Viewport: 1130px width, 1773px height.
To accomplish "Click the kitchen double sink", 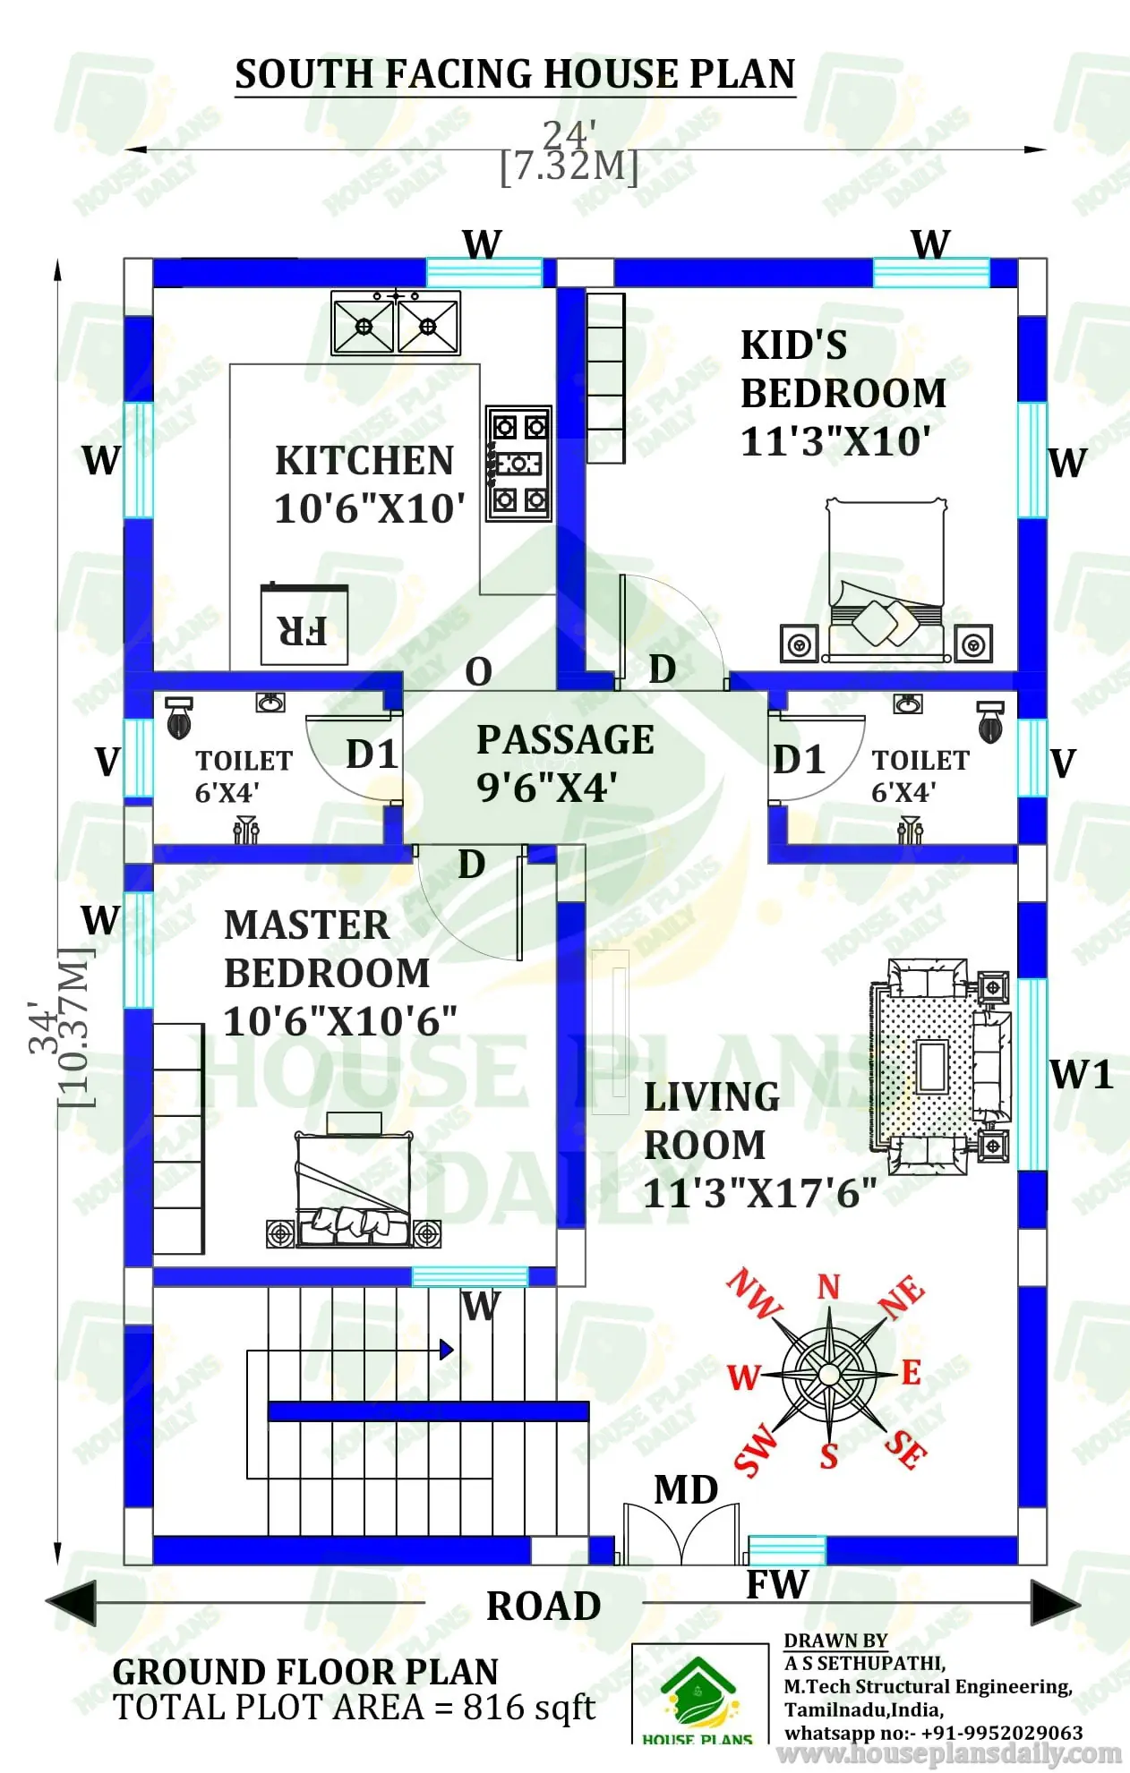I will tap(395, 324).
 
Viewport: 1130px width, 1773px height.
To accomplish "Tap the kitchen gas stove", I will tap(518, 463).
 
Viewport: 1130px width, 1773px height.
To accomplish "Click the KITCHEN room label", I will tap(364, 461).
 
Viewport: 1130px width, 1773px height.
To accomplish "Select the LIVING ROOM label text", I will tap(712, 1121).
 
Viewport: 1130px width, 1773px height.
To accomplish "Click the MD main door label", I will tap(686, 1490).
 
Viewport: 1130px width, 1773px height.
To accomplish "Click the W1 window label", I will tap(1081, 1075).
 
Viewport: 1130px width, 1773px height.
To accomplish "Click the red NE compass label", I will tap(901, 1297).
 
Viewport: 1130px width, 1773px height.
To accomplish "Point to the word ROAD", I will tap(544, 1607).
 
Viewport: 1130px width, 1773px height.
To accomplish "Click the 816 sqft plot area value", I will tap(528, 1708).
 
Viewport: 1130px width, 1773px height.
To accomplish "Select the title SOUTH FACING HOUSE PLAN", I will tap(515, 74).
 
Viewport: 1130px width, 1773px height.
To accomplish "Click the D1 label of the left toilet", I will tap(372, 754).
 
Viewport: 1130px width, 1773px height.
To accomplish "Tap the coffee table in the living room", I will tap(932, 1066).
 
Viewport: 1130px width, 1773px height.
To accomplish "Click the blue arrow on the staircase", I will tap(446, 1349).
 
